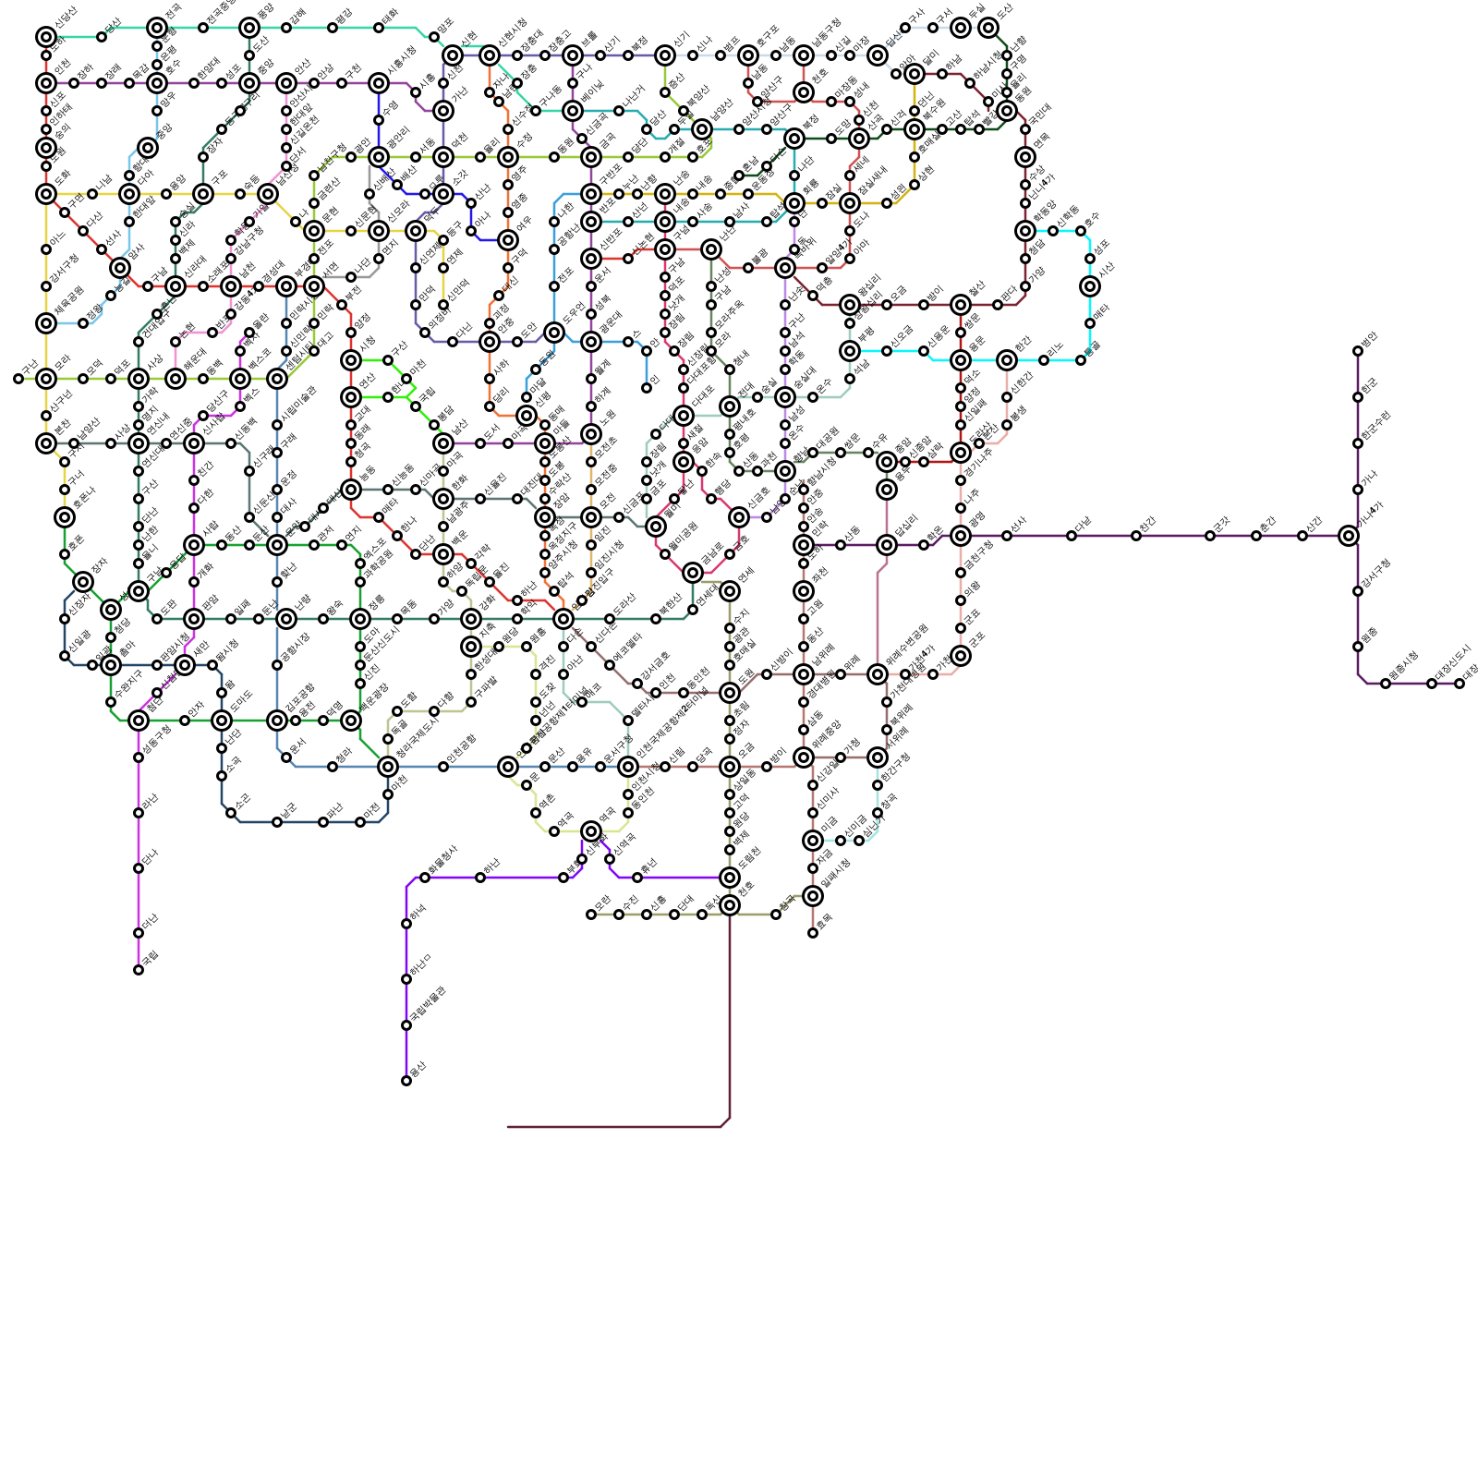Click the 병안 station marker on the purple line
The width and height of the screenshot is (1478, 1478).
pos(1358,351)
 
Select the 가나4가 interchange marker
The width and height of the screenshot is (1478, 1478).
pos(1349,536)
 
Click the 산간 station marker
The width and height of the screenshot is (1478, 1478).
pos(1302,536)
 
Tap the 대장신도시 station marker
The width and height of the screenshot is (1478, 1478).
pos(1432,684)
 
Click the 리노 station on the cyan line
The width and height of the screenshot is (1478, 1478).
pos(1044,360)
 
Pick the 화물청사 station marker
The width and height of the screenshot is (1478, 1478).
pos(425,878)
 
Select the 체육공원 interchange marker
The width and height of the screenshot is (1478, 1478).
pos(46,323)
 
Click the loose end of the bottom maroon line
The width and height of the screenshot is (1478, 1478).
pos(508,1127)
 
